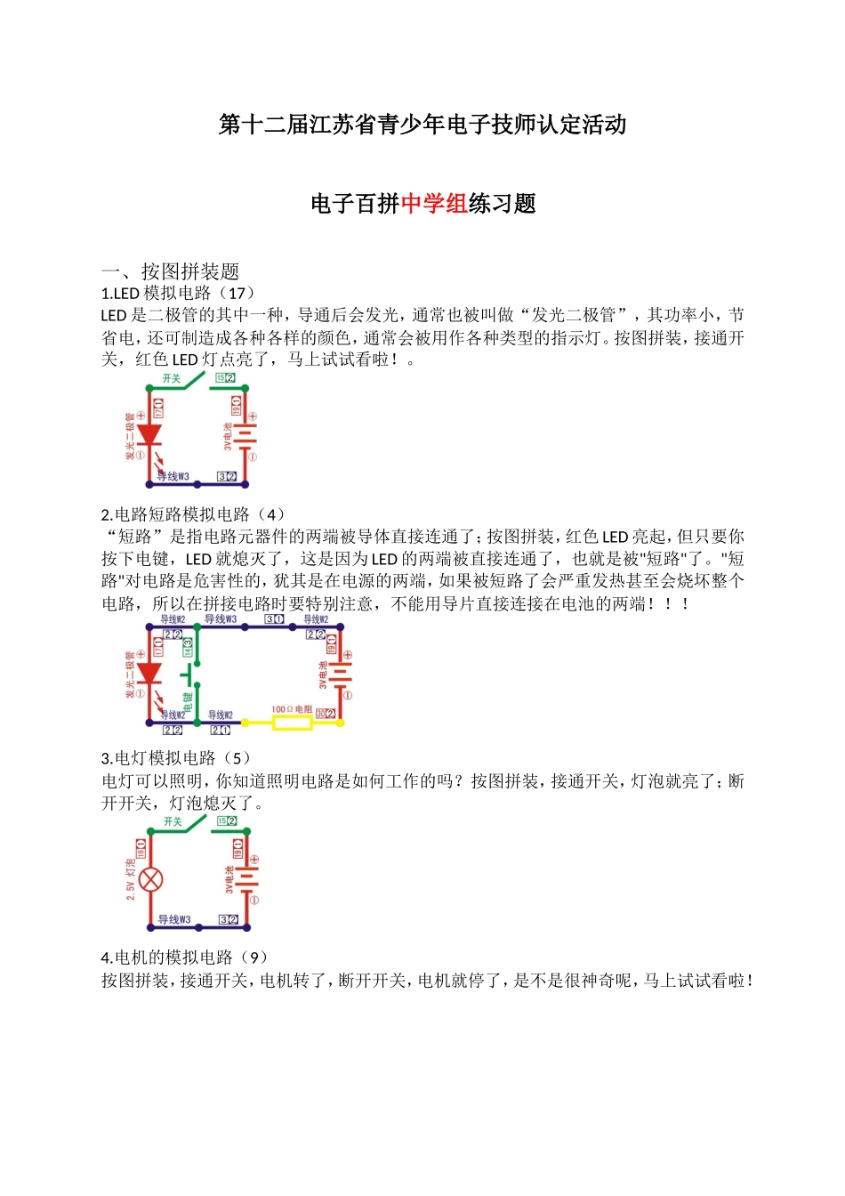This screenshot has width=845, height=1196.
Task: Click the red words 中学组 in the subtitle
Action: point(434,204)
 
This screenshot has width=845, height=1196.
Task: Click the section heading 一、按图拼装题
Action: point(170,271)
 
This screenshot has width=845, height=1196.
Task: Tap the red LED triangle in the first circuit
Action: point(149,434)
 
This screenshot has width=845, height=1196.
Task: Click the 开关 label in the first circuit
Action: point(172,379)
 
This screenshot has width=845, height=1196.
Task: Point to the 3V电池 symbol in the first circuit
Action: point(244,436)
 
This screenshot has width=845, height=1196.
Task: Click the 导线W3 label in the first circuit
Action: point(173,477)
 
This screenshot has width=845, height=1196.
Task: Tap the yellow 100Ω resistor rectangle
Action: point(292,723)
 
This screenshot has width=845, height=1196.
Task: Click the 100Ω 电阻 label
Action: point(292,710)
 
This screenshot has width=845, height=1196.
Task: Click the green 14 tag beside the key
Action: point(188,648)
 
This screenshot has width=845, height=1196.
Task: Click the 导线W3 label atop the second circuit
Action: point(221,619)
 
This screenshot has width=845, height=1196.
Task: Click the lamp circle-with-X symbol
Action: point(151,880)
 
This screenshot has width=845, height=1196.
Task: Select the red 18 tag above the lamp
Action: point(141,847)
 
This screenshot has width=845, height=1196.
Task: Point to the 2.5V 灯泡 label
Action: point(131,880)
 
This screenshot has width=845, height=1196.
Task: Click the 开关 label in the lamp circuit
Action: point(173,822)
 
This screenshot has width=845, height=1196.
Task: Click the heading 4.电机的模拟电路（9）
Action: point(184,958)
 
